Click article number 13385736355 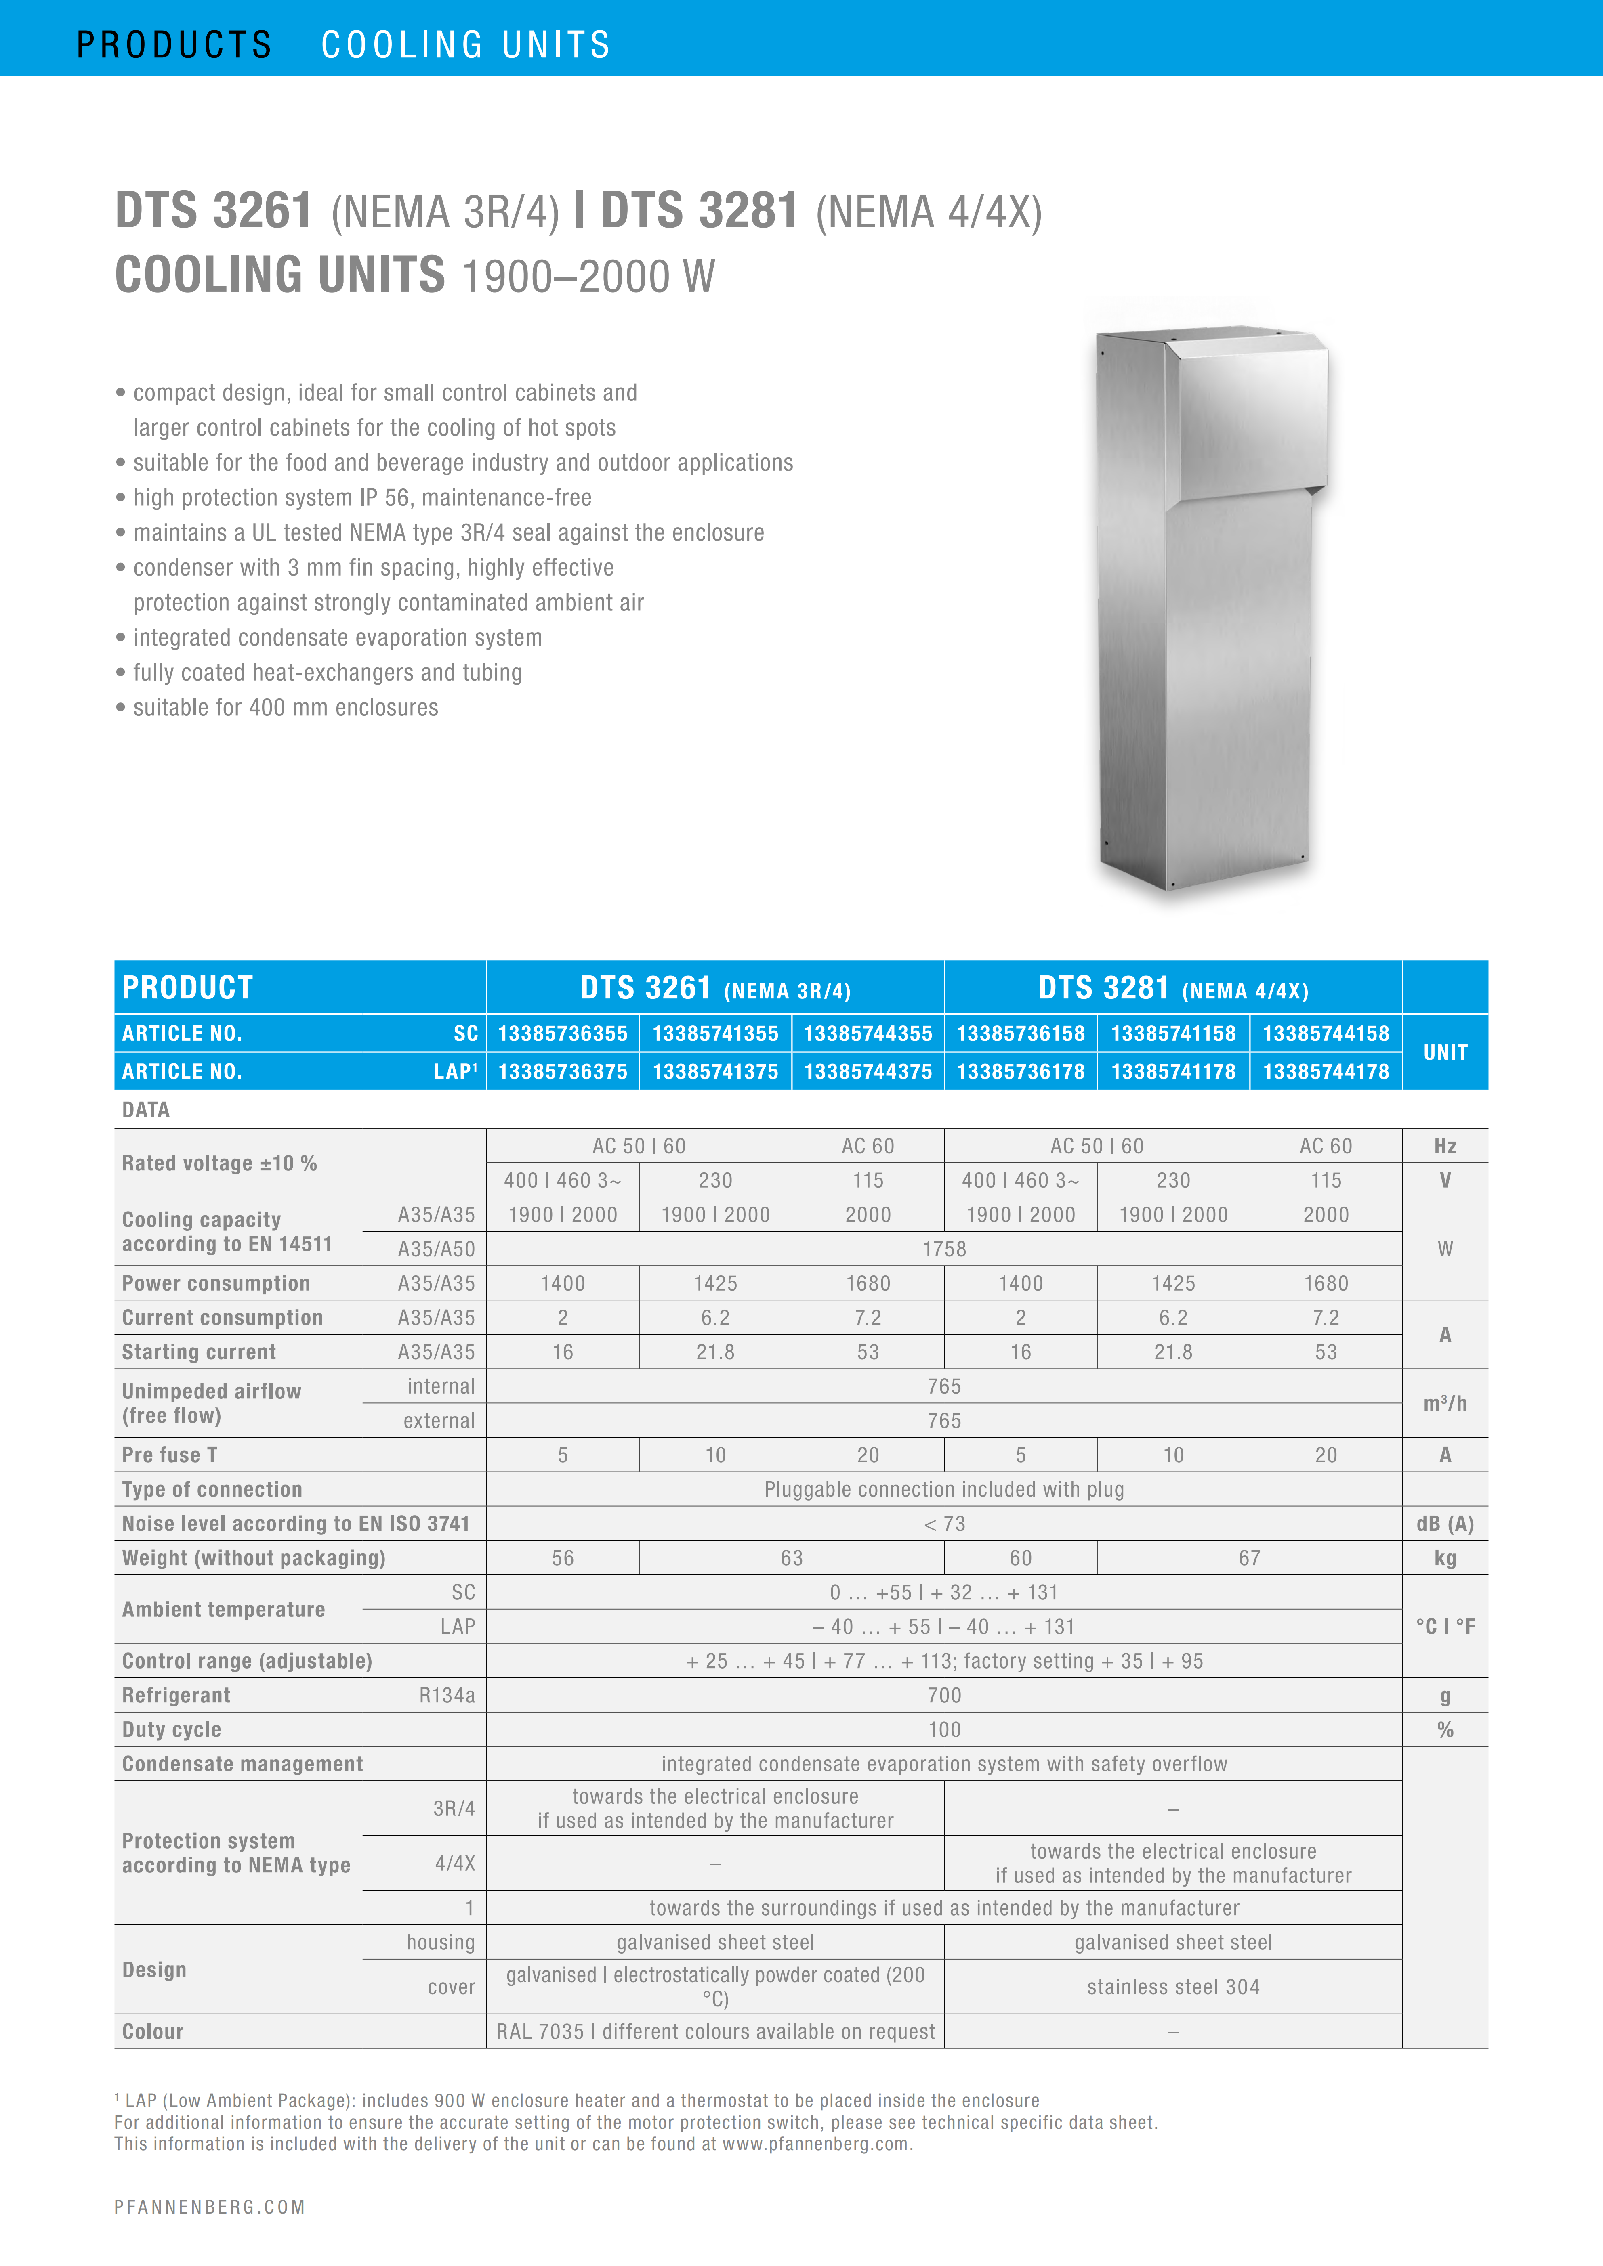(563, 1033)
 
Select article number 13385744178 (1326, 1072)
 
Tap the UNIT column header (1445, 1052)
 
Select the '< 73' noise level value (943, 1524)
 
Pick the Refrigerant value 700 (943, 1696)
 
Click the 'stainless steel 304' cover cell (1172, 1987)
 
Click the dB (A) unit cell (1445, 1524)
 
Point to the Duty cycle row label (172, 1730)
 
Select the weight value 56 (563, 1558)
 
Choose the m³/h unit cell (1445, 1403)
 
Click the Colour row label (153, 2031)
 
